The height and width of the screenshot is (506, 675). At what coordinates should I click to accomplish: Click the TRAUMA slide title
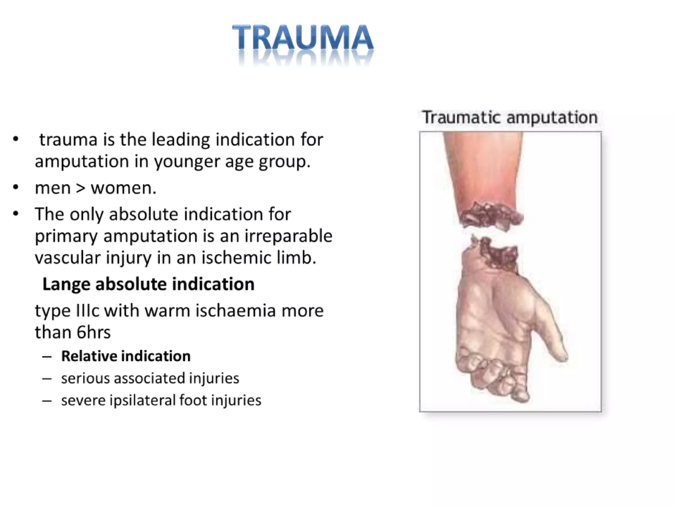[x=303, y=38]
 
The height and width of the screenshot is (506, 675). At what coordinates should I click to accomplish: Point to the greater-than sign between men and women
[x=80, y=188]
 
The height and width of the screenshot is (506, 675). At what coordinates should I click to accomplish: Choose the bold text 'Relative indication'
[x=126, y=356]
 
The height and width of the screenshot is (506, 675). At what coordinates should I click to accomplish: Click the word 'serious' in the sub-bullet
[x=85, y=378]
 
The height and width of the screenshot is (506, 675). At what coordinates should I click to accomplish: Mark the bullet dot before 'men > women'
[x=15, y=188]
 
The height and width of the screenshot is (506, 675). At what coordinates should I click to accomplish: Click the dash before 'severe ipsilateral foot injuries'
[x=47, y=401]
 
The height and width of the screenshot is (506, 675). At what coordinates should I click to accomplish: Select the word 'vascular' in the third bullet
[x=68, y=258]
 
